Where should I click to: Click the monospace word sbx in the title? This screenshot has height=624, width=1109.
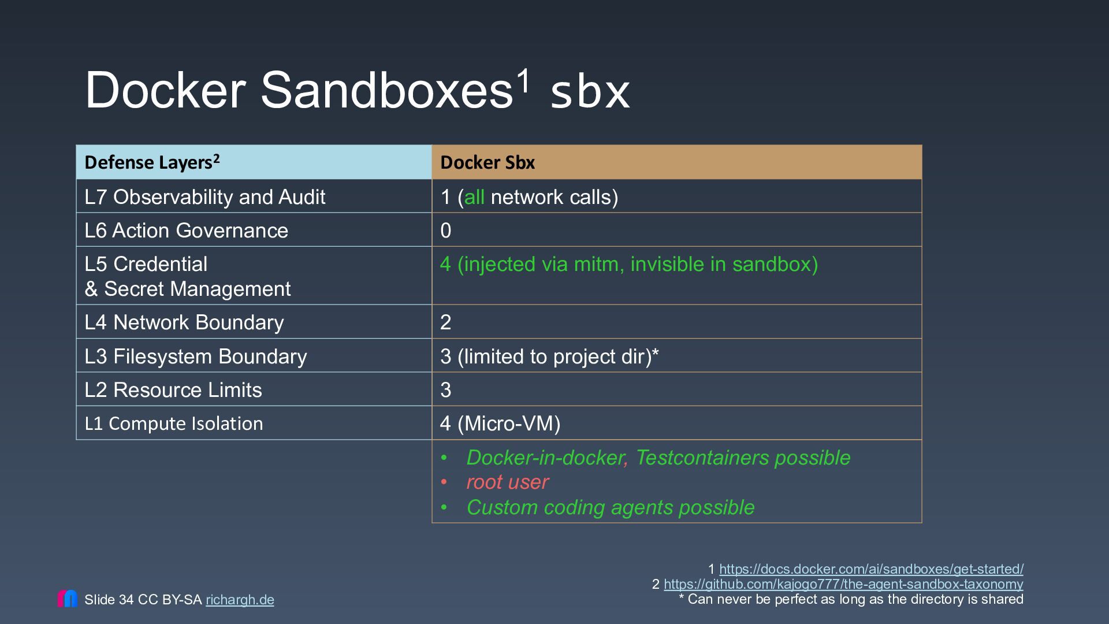click(590, 92)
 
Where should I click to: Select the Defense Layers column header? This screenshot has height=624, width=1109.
click(152, 162)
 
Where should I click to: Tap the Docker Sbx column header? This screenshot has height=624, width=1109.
click(487, 162)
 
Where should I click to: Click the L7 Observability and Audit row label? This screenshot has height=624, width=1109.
click(205, 197)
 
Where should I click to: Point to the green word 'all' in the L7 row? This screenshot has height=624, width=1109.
click(474, 197)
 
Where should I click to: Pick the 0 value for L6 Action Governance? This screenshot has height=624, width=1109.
click(445, 231)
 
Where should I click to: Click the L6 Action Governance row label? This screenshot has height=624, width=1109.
click(186, 231)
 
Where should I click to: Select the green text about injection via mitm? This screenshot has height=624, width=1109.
click(629, 264)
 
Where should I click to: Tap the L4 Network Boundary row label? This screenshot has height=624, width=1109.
click(184, 322)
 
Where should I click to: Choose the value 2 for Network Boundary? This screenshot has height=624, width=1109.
click(445, 322)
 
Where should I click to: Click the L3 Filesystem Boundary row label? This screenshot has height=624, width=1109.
click(196, 356)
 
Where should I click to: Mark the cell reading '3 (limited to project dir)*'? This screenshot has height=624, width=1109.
click(549, 356)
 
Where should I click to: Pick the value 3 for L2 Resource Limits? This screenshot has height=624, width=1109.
click(445, 390)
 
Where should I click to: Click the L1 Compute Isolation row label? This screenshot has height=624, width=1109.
click(174, 424)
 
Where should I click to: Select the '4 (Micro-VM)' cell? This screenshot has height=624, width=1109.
click(500, 424)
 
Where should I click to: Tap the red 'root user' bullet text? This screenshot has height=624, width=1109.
click(507, 482)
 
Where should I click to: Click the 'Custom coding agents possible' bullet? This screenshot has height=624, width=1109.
click(611, 507)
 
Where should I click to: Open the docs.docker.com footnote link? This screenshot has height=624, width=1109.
click(871, 569)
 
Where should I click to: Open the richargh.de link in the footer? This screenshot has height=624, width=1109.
click(240, 600)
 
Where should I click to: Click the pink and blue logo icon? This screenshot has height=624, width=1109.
click(67, 599)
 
